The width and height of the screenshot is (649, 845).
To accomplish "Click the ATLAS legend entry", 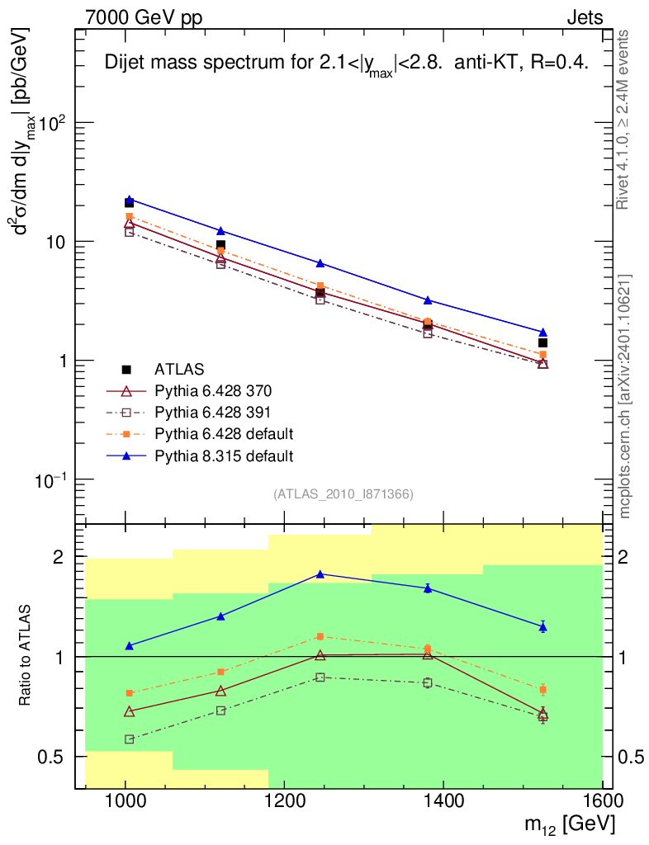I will pos(180,369).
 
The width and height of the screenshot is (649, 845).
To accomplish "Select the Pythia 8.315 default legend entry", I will pos(224,455).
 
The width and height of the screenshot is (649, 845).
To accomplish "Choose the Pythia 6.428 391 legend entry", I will pos(213,412).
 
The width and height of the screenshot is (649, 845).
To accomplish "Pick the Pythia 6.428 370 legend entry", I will pos(213,390).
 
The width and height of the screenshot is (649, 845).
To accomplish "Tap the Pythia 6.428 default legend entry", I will pos(224,433).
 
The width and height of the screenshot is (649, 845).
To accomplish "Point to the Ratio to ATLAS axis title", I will pos(26,657).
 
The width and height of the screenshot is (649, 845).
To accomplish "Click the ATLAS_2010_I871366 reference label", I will pos(343,494).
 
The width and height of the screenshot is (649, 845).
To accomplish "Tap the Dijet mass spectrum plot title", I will pos(347,65).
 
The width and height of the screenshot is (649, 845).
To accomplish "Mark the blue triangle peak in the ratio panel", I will pos(320,574).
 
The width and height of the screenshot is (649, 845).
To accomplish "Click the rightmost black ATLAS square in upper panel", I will pos(542,342).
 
